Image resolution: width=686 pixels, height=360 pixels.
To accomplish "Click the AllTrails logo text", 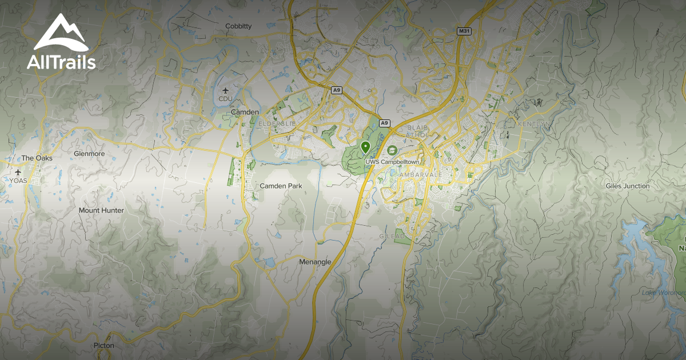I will point(61,62).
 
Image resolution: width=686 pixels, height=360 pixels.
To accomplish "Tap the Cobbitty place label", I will point(238,26).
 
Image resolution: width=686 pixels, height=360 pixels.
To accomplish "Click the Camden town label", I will point(245,113).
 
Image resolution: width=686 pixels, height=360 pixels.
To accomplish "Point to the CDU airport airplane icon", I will point(225,90).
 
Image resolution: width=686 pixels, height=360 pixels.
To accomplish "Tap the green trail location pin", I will point(365,148).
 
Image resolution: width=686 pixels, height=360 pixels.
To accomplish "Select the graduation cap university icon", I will point(392,150).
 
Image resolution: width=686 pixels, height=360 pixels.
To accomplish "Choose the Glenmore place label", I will point(89,154).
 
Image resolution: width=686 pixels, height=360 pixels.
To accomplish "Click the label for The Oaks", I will point(36,158).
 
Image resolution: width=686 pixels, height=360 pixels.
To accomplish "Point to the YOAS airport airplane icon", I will point(18,172).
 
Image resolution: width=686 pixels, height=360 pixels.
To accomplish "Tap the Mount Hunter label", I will point(101,210).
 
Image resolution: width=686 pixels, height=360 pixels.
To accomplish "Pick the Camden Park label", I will point(281,186).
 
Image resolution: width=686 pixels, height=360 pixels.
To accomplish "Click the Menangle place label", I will point(315,262).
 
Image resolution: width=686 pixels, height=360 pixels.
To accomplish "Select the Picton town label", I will point(104,346).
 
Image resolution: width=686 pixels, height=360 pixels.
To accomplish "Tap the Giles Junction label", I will point(628,186).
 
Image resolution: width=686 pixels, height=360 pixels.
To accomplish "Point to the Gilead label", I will point(392,236).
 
